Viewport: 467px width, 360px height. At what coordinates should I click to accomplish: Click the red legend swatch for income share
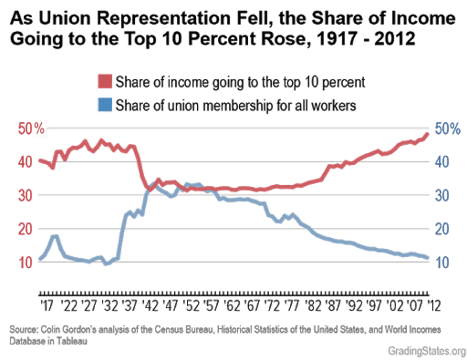click(104, 82)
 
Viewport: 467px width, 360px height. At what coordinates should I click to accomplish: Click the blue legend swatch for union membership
click(104, 104)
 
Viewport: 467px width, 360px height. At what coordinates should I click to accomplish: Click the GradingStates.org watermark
click(426, 351)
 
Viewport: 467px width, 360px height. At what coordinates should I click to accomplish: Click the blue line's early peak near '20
click(54, 236)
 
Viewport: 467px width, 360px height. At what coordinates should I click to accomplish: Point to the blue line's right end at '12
click(429, 258)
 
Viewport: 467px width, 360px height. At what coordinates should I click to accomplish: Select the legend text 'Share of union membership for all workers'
click(236, 105)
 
